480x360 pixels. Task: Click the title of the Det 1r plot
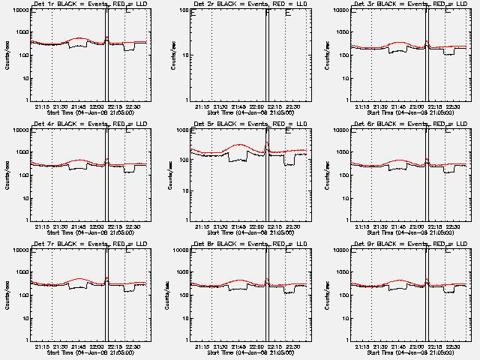pyautogui.click(x=88, y=6)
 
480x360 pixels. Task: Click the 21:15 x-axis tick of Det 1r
pyautogui.click(x=42, y=106)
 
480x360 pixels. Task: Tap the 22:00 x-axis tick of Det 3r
pyautogui.click(x=419, y=106)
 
